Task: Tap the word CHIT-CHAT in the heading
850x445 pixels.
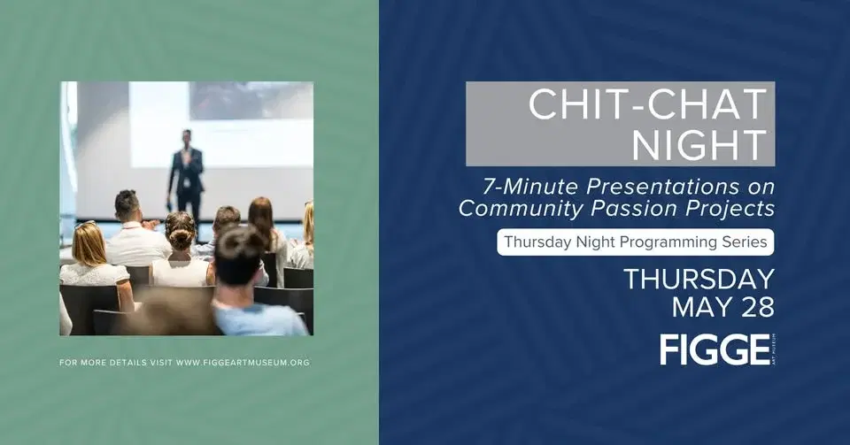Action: tap(647, 104)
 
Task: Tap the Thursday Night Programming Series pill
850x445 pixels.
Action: tap(635, 242)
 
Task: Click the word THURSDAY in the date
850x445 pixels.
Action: tap(699, 279)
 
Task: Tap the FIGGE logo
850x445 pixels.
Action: tap(715, 349)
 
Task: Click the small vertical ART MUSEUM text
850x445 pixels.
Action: tap(773, 349)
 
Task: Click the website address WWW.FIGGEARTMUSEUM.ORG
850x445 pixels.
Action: tap(243, 363)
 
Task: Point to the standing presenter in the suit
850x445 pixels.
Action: tap(186, 173)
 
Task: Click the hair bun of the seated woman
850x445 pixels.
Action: tap(181, 237)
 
